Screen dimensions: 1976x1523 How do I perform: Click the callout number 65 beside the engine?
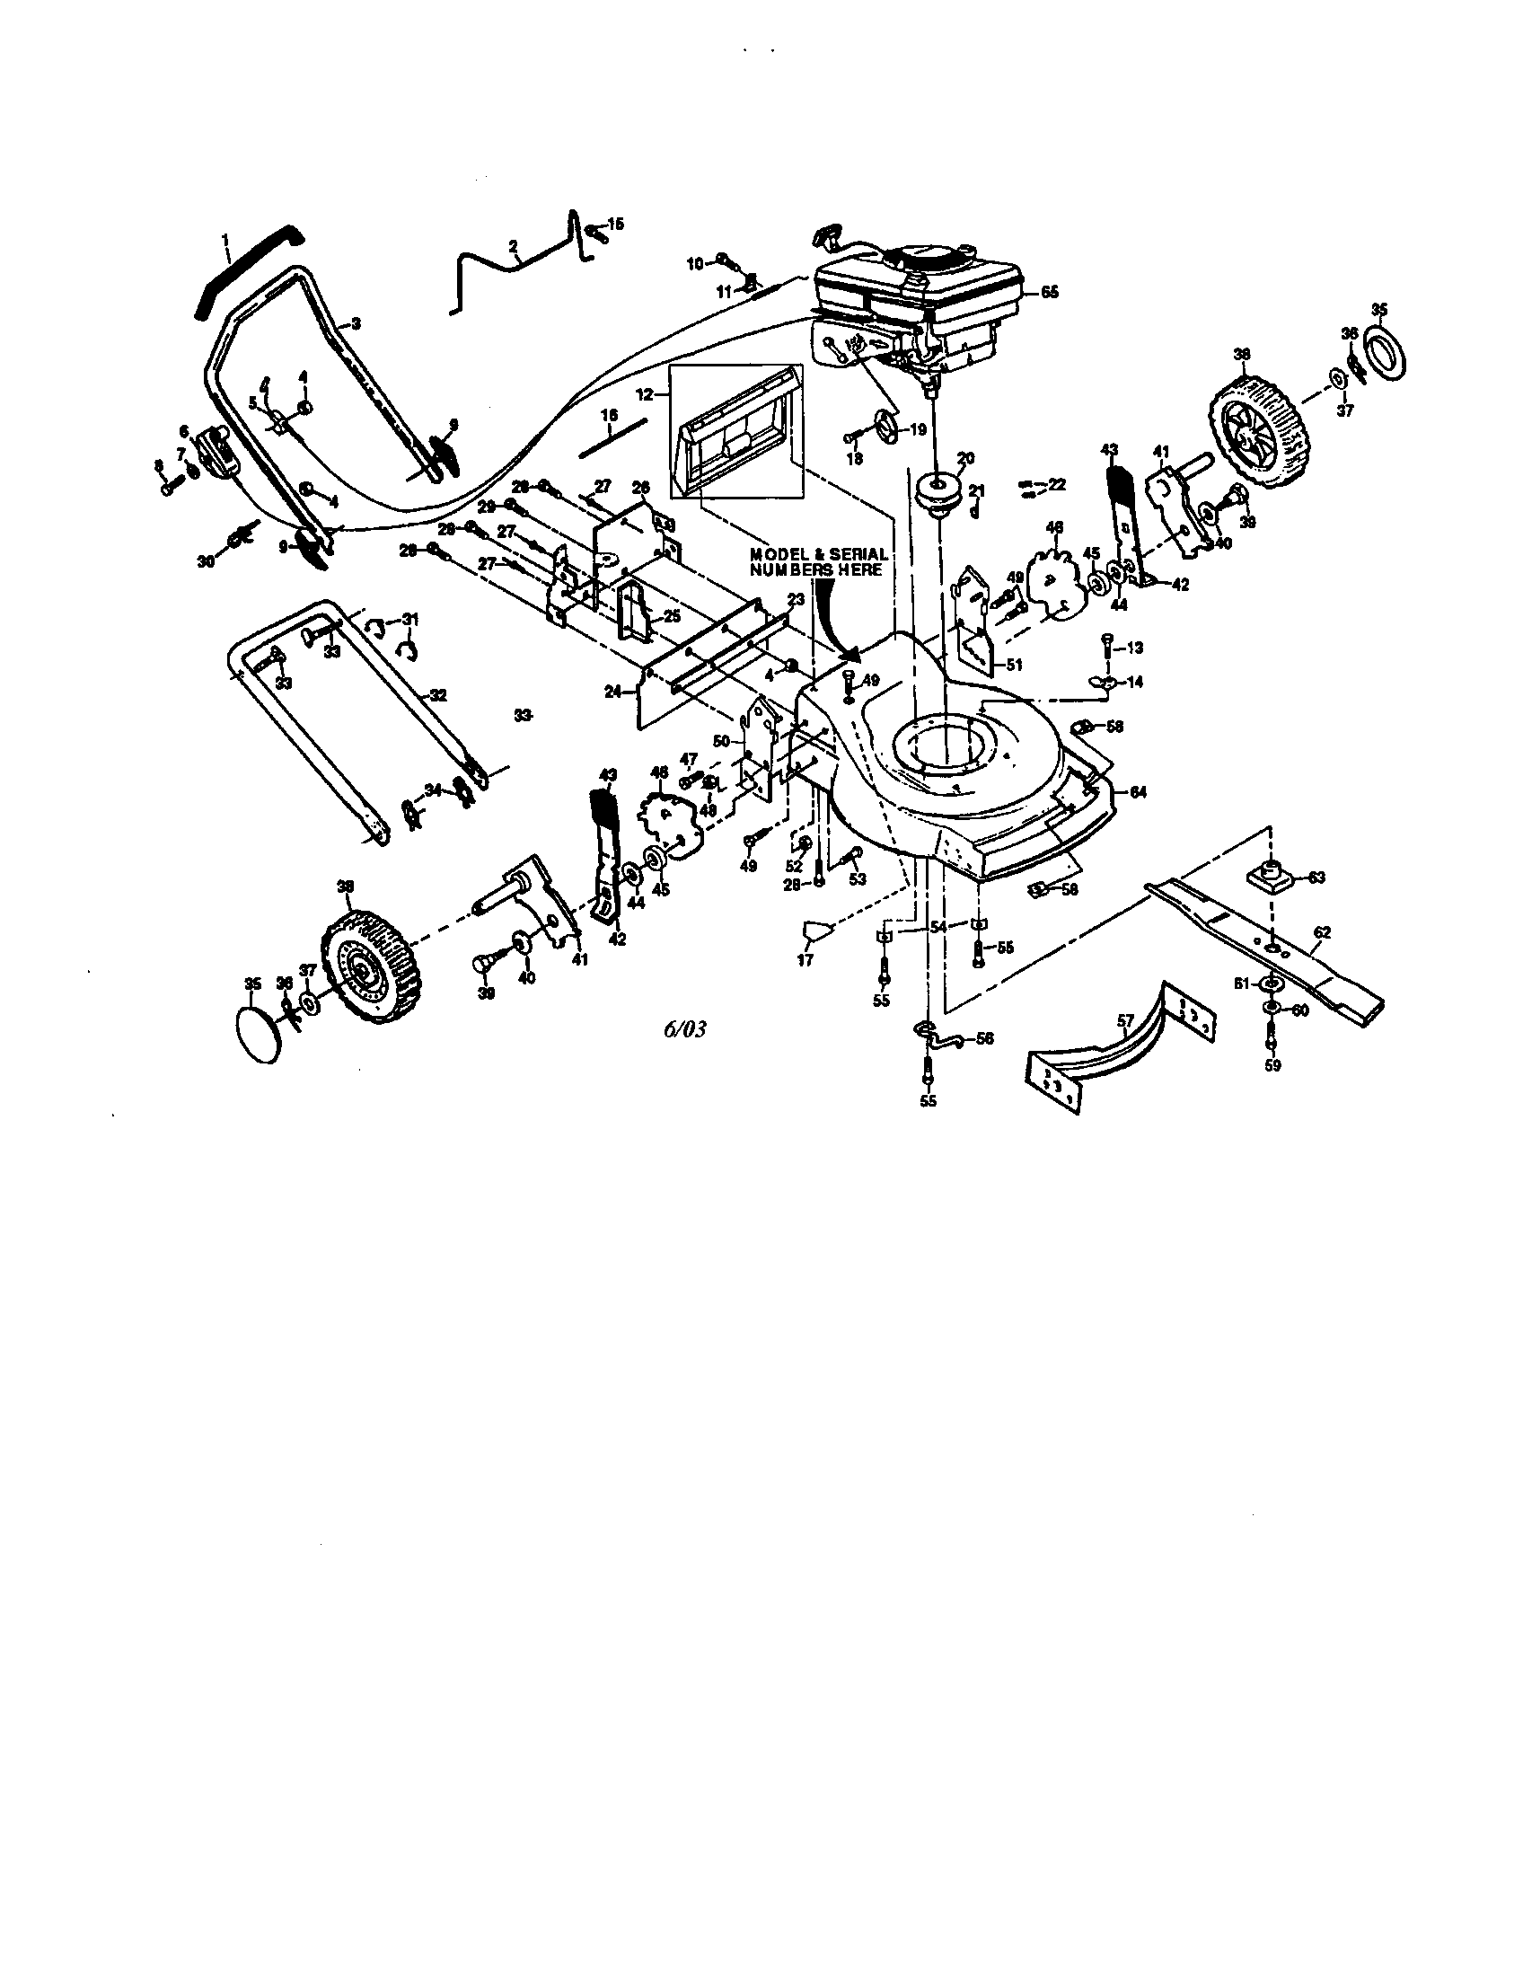tap(1048, 293)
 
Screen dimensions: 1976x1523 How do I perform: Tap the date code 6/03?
tap(683, 1028)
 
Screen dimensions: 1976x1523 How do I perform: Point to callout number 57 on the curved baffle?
tap(1124, 1021)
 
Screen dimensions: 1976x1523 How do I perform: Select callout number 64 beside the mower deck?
tap(1137, 792)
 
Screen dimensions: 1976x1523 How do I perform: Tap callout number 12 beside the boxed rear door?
tap(644, 394)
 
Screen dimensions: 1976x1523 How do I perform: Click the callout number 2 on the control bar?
tap(514, 246)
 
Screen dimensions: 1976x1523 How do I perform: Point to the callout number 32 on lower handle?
tap(437, 696)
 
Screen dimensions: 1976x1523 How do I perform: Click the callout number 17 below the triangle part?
tap(805, 959)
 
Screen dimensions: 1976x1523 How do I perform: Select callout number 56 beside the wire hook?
tap(983, 1038)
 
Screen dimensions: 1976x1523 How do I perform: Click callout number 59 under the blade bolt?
tap(1273, 1065)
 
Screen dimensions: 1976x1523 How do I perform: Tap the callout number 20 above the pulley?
tap(965, 459)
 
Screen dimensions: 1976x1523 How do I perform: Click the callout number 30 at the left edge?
tap(207, 561)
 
